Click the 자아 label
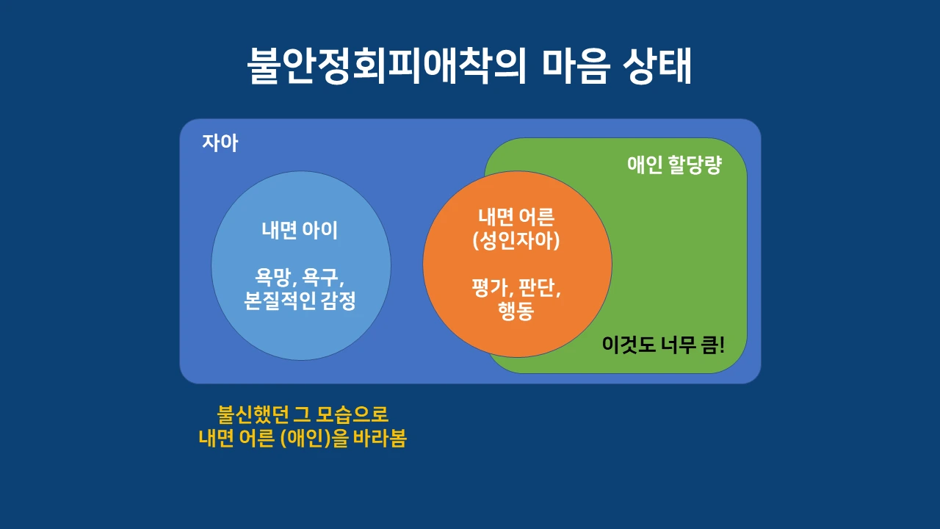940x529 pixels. pyautogui.click(x=220, y=143)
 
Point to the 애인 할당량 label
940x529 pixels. pyautogui.click(x=674, y=165)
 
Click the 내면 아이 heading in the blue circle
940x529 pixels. pyautogui.click(x=300, y=230)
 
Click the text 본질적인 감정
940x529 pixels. pyautogui.click(x=300, y=301)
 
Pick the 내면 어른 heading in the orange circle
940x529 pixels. pyautogui.click(x=516, y=217)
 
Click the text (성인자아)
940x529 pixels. pyautogui.click(x=516, y=241)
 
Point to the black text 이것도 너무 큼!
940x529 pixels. pyautogui.click(x=662, y=345)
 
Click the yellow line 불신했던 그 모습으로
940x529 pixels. pyautogui.click(x=303, y=414)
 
